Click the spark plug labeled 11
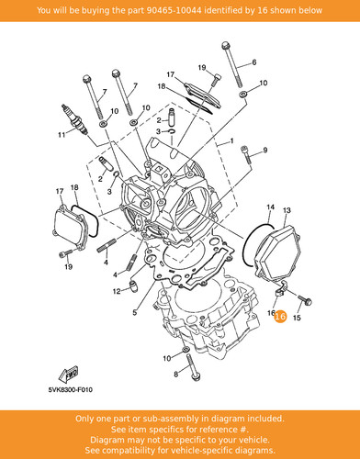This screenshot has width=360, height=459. click(x=74, y=119)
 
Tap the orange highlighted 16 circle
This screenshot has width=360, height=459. click(x=280, y=316)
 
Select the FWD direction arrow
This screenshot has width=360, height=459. click(x=68, y=374)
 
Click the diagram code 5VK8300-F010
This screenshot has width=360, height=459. click(x=70, y=390)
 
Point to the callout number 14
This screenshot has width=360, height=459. click(x=270, y=207)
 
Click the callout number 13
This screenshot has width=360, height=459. click(x=287, y=210)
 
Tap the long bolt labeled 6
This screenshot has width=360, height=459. click(x=232, y=64)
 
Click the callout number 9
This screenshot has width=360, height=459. click(x=265, y=150)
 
